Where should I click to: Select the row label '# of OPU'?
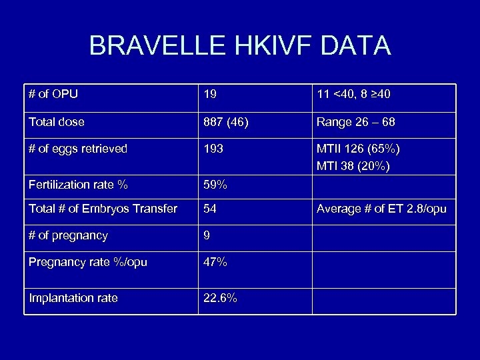click(x=53, y=95)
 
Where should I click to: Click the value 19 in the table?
click(x=210, y=95)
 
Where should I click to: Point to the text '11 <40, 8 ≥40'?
click(x=353, y=95)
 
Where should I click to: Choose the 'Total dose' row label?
click(x=56, y=122)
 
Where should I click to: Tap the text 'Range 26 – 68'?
click(x=356, y=122)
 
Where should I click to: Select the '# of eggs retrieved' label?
click(x=78, y=149)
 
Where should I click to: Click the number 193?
click(x=213, y=149)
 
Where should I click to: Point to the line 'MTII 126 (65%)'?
click(x=358, y=149)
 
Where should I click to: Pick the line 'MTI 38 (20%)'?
click(x=353, y=166)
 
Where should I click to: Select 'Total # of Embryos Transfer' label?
click(x=103, y=209)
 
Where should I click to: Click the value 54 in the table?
click(x=210, y=209)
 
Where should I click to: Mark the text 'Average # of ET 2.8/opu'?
click(x=381, y=209)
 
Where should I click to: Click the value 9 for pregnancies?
click(x=207, y=235)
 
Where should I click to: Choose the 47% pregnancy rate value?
click(x=215, y=262)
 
